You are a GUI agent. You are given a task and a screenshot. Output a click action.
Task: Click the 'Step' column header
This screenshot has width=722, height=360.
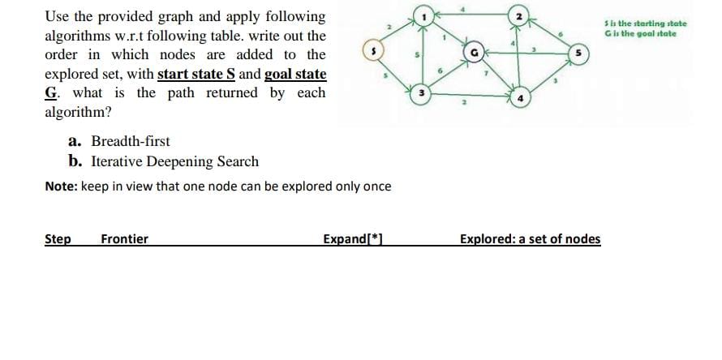[x=58, y=238]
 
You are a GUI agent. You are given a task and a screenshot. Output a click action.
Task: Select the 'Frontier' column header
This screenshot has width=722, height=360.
[x=124, y=238]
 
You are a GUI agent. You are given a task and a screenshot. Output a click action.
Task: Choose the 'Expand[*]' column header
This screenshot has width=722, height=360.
[x=352, y=238]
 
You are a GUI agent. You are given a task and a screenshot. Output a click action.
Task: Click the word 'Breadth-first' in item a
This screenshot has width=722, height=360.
[x=131, y=141]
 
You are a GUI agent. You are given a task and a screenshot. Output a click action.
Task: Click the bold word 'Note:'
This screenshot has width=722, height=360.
[x=61, y=186]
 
